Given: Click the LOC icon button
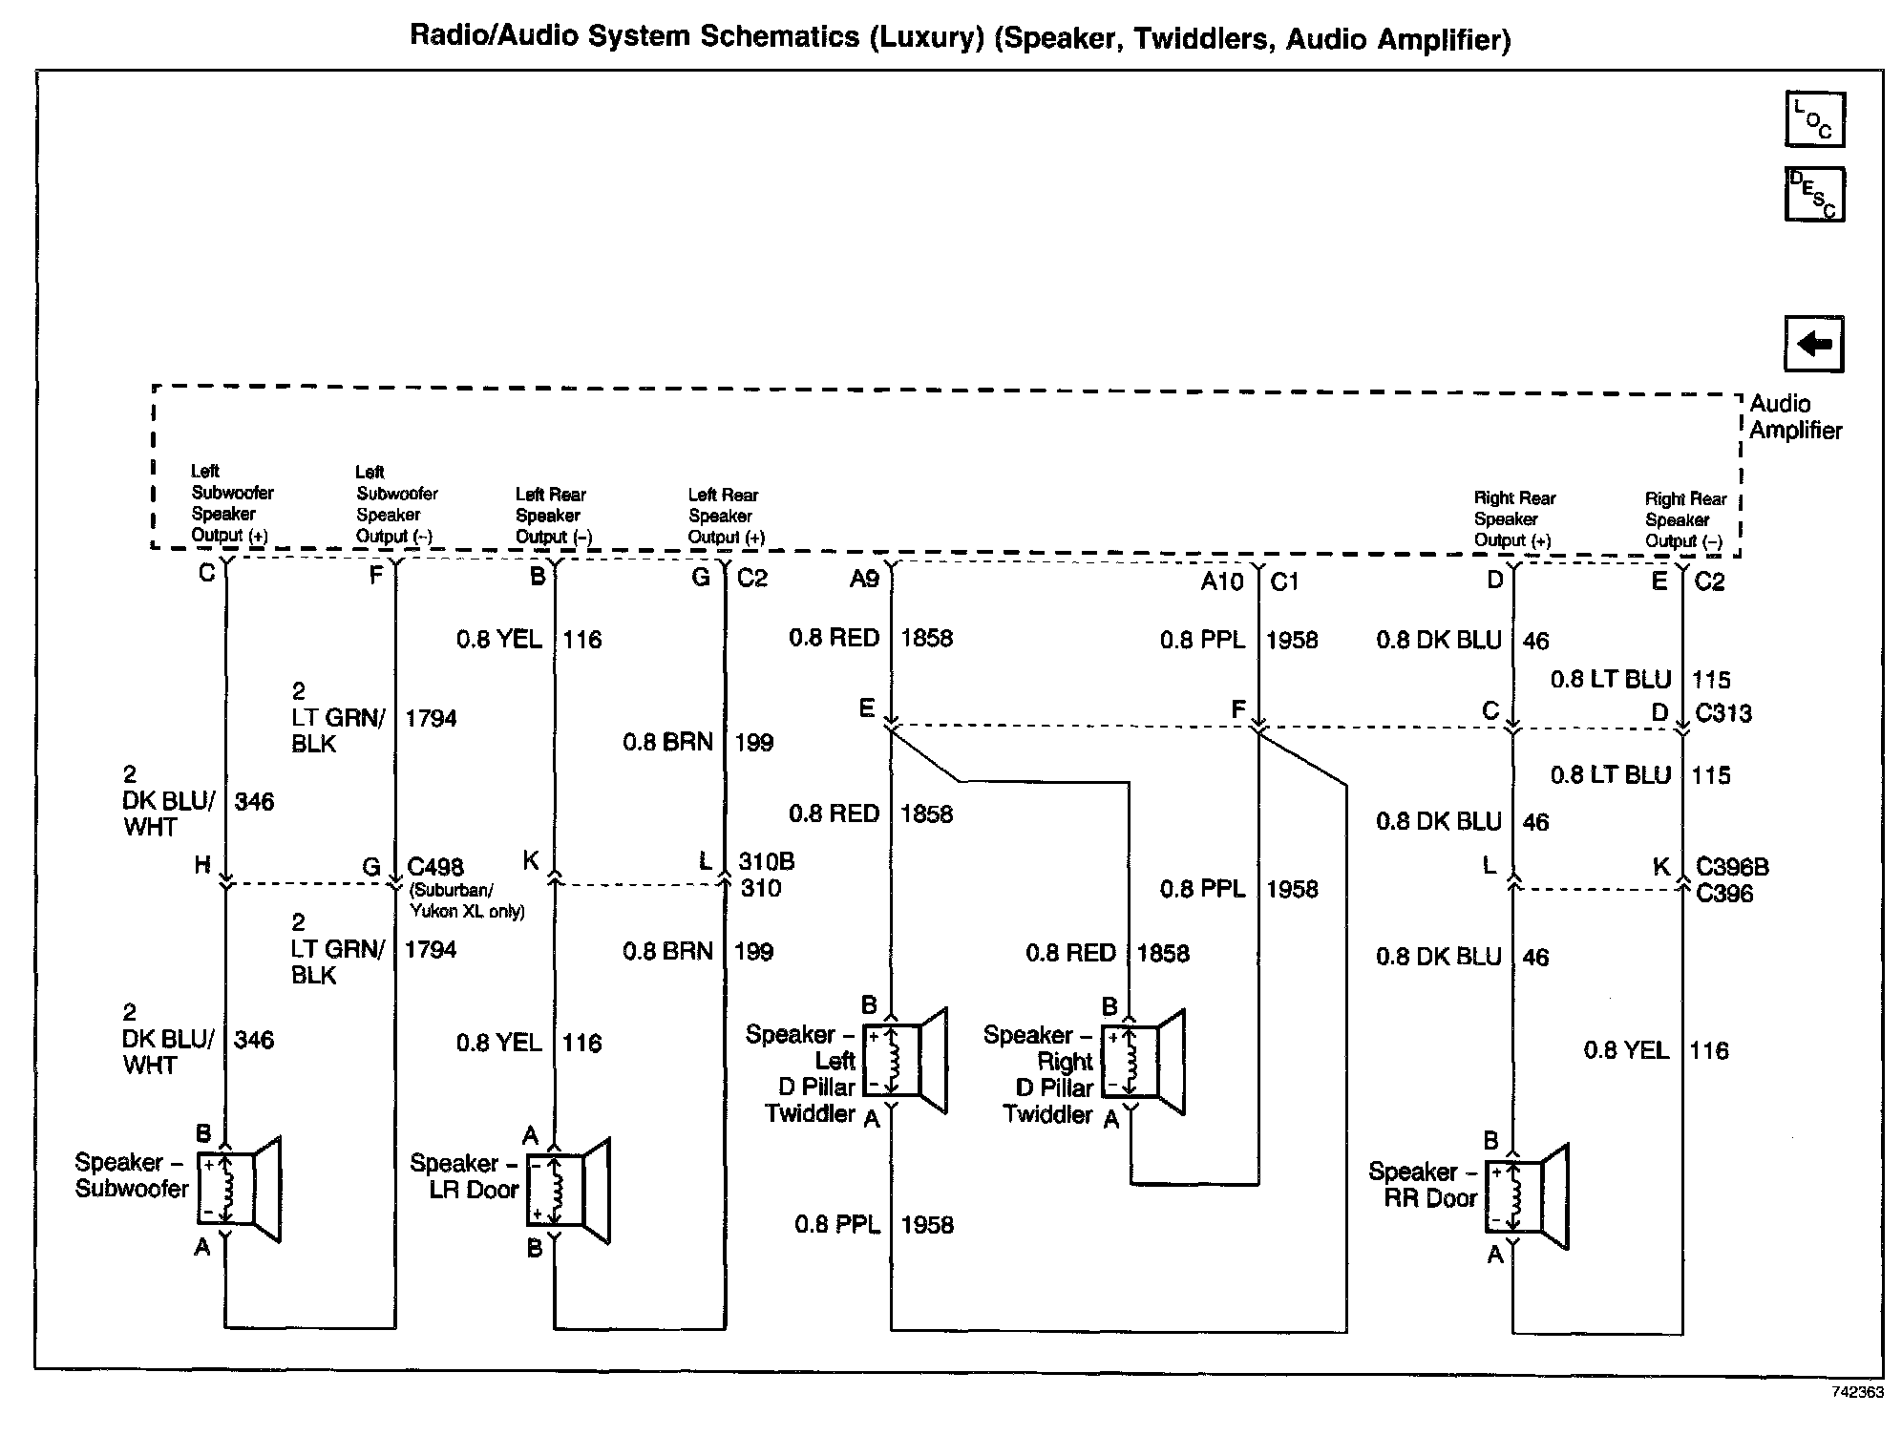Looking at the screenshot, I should [x=1814, y=119].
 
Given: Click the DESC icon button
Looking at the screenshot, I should [x=1814, y=194].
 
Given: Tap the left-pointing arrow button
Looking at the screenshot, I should [x=1813, y=344].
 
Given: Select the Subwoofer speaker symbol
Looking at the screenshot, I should [x=239, y=1189].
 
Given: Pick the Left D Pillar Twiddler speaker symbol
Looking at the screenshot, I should [x=904, y=1060].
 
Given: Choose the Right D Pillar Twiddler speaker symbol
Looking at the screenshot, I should [x=1143, y=1061].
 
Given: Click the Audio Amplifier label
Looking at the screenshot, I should [x=1794, y=417].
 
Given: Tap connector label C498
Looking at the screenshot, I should [x=435, y=867].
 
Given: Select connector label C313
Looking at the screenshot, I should [x=1723, y=713].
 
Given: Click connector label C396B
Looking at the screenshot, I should [x=1732, y=867].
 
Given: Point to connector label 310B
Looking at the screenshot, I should [x=767, y=861].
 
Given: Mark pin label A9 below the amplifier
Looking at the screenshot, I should [x=864, y=579].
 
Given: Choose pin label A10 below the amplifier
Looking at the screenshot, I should [x=1221, y=581].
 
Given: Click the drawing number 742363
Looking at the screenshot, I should [x=1857, y=1392].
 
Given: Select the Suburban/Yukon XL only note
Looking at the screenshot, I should [x=466, y=901].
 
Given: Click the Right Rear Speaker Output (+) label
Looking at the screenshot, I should [x=1514, y=519].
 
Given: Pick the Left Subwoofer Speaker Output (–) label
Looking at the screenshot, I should [x=395, y=504].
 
